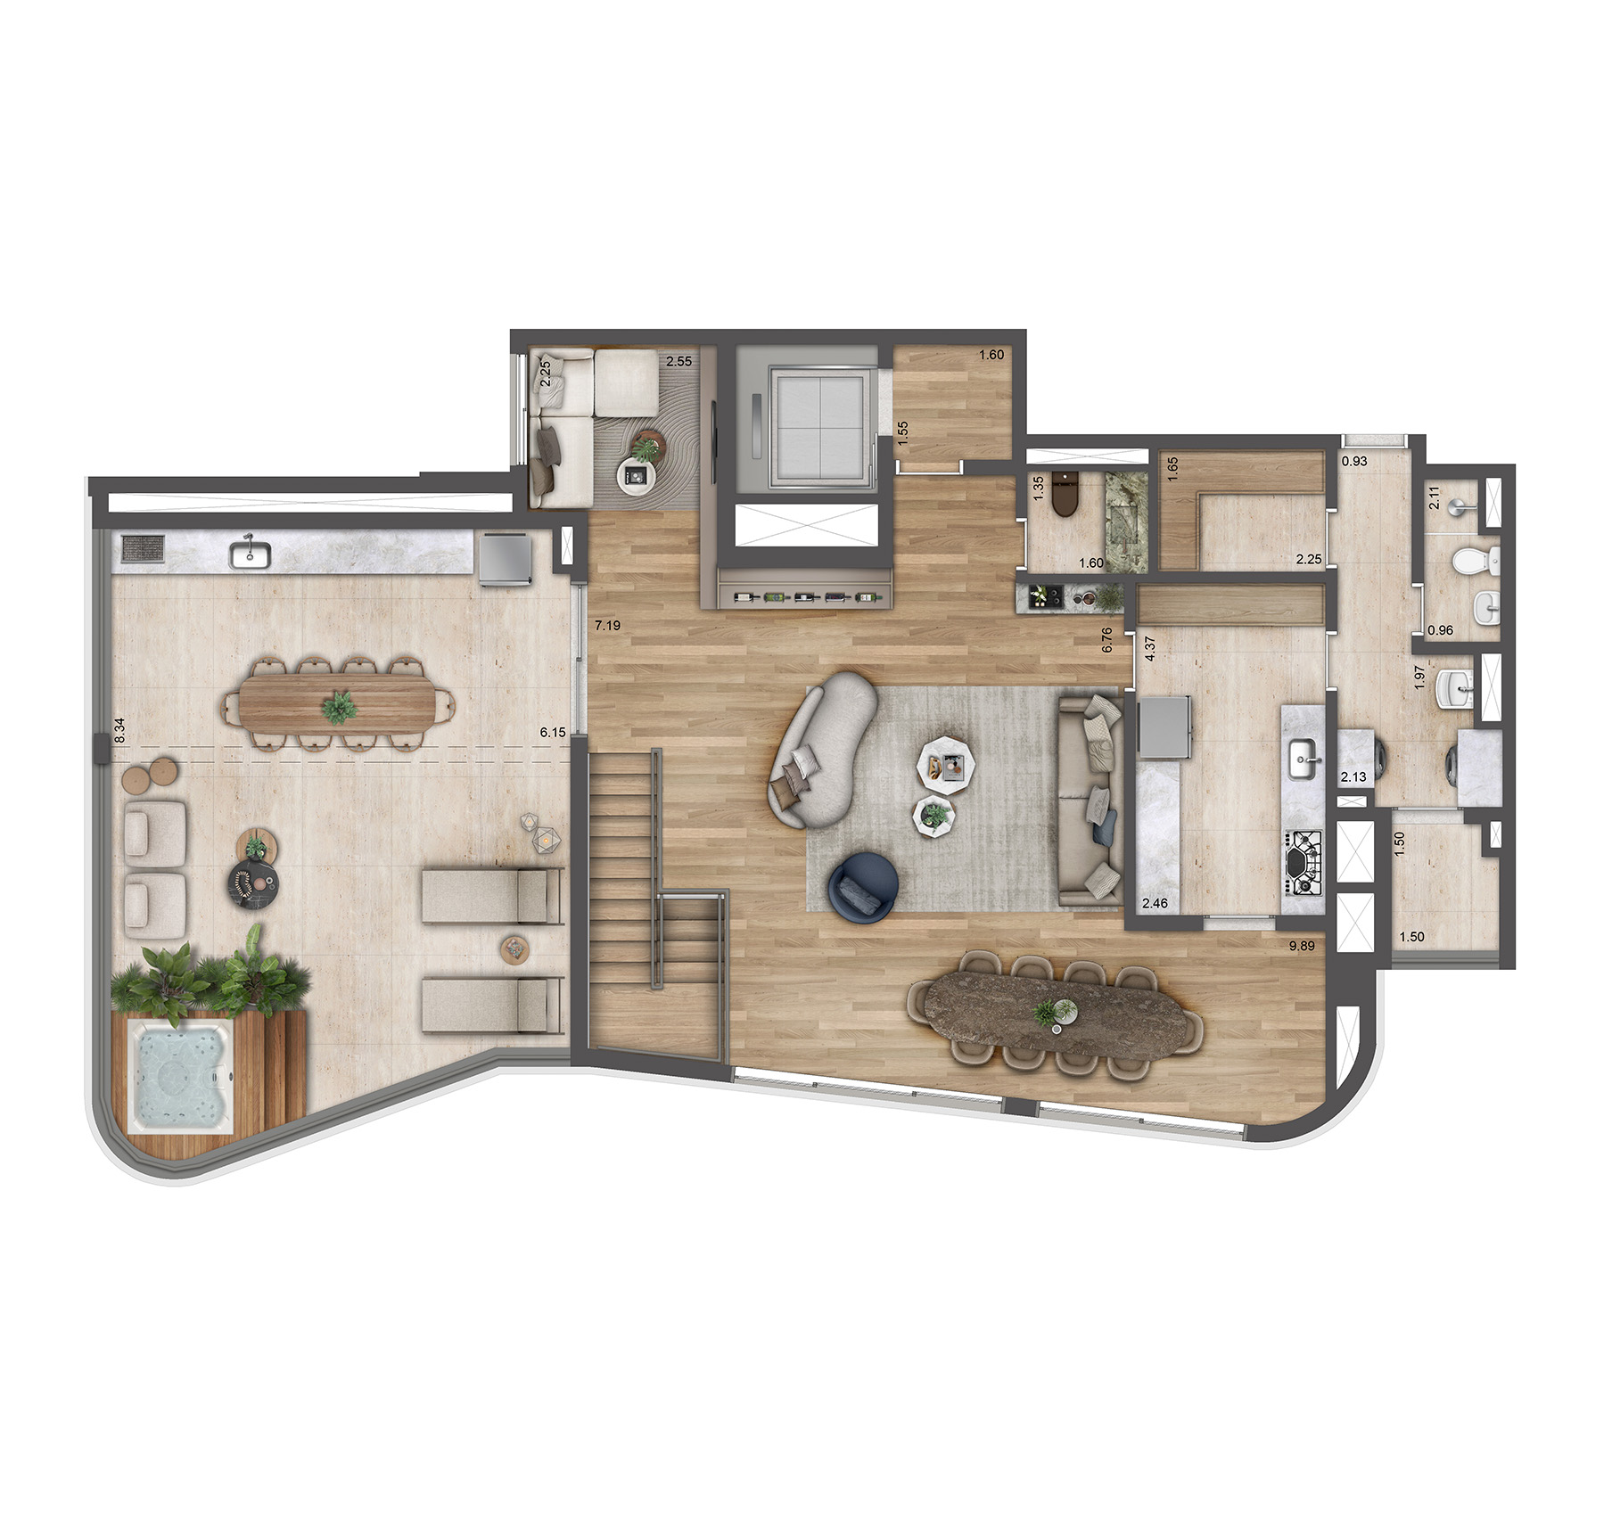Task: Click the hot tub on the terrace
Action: [x=182, y=1077]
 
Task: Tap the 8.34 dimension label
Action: [x=119, y=731]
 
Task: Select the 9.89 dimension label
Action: [x=1302, y=946]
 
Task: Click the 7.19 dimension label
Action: [x=608, y=626]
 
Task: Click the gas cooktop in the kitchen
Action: [x=1304, y=862]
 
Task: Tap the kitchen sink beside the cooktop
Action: [x=1304, y=759]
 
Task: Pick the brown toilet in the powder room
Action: [x=1065, y=495]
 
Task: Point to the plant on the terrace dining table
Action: [x=339, y=708]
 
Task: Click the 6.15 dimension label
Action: [x=553, y=733]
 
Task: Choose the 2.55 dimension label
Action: [x=679, y=362]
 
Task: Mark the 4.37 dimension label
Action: [x=1150, y=648]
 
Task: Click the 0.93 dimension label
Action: [x=1354, y=462]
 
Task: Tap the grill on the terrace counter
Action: [x=142, y=548]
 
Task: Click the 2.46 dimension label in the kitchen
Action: [x=1155, y=903]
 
